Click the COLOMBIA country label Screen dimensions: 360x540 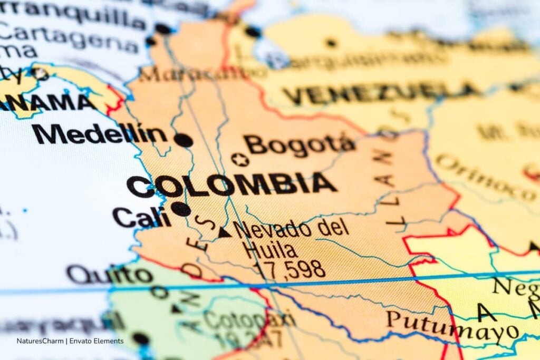pos(231,185)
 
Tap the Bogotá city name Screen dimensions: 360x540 pos(300,144)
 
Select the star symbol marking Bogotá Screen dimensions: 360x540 pos(240,159)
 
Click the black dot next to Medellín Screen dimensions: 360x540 pos(183,140)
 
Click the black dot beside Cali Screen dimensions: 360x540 pos(180,209)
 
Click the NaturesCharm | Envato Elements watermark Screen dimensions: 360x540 pos(70,341)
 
